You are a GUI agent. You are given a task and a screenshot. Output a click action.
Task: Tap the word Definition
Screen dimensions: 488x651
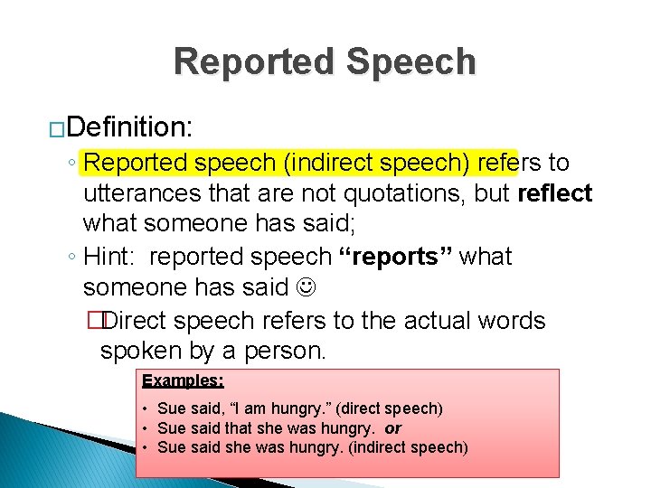(129, 127)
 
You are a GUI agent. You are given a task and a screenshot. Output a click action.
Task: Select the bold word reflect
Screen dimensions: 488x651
(554, 193)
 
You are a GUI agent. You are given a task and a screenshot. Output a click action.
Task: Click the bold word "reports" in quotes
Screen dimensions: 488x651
(395, 257)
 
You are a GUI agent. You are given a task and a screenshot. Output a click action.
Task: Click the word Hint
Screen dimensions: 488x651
(108, 257)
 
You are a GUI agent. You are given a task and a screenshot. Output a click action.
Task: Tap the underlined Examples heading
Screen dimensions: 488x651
(183, 380)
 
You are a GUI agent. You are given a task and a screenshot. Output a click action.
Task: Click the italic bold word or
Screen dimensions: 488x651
(392, 428)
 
